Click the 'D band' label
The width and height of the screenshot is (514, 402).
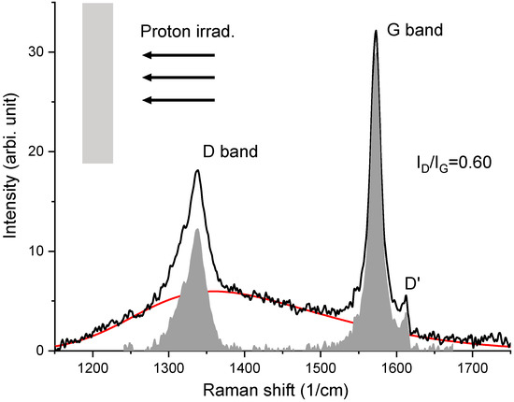point(230,151)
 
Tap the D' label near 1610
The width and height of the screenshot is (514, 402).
point(411,283)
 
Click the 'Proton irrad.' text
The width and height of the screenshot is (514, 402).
point(187,31)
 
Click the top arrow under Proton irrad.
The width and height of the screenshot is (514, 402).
point(177,55)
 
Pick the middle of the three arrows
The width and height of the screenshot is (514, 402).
point(177,79)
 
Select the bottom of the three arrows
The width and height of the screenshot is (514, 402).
point(177,100)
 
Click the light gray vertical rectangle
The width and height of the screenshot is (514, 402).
point(98,83)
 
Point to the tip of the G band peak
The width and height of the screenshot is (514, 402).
point(376,31)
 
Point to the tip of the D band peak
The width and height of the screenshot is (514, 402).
point(197,170)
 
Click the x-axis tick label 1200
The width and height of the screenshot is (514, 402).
point(93,366)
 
